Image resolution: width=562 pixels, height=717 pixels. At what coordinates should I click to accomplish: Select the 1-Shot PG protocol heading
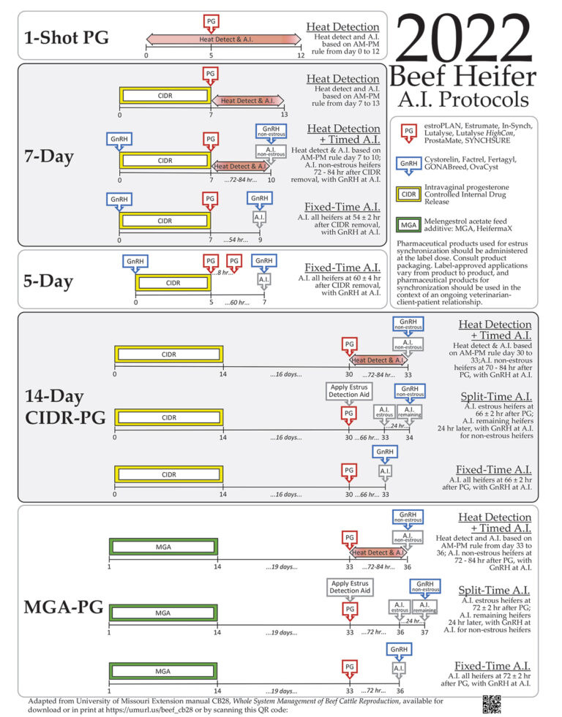pos(67,37)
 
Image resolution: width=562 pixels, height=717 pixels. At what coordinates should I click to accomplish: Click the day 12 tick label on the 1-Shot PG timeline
pos(300,56)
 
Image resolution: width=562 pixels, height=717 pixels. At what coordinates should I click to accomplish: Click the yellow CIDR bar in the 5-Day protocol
pos(173,282)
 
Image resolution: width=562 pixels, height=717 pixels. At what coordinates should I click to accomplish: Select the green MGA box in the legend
pos(410,224)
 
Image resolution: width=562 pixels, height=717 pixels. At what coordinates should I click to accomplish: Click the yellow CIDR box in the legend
pos(410,194)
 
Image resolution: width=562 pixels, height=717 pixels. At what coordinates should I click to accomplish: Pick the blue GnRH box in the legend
pos(410,164)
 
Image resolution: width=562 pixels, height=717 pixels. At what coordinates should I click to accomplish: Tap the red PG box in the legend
pos(410,130)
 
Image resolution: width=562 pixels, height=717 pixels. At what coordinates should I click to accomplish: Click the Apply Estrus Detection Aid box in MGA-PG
pos(351,586)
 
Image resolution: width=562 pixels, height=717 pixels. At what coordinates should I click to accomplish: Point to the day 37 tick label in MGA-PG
pos(425,632)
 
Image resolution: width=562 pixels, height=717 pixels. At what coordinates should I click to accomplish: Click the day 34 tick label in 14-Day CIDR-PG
pos(409,438)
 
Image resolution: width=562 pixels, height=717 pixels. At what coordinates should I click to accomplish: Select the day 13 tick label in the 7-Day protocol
pos(284,115)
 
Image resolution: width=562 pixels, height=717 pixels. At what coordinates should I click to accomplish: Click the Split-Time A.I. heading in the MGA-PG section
pos(495,590)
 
